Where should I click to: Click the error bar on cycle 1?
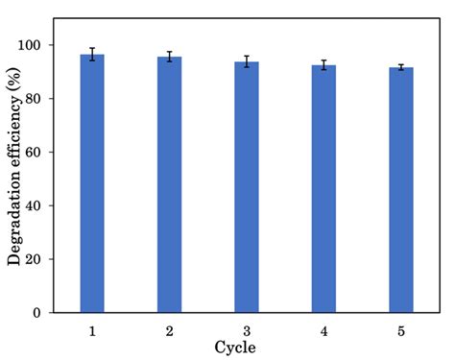click(x=92, y=55)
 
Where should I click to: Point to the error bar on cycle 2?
click(x=170, y=57)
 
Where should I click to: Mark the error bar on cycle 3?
click(x=247, y=61)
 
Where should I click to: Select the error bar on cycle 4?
click(x=324, y=65)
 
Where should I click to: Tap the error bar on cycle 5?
click(x=401, y=67)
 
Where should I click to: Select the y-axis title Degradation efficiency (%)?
click(x=14, y=179)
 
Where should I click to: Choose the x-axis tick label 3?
click(x=247, y=329)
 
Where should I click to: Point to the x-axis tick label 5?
click(x=401, y=329)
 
